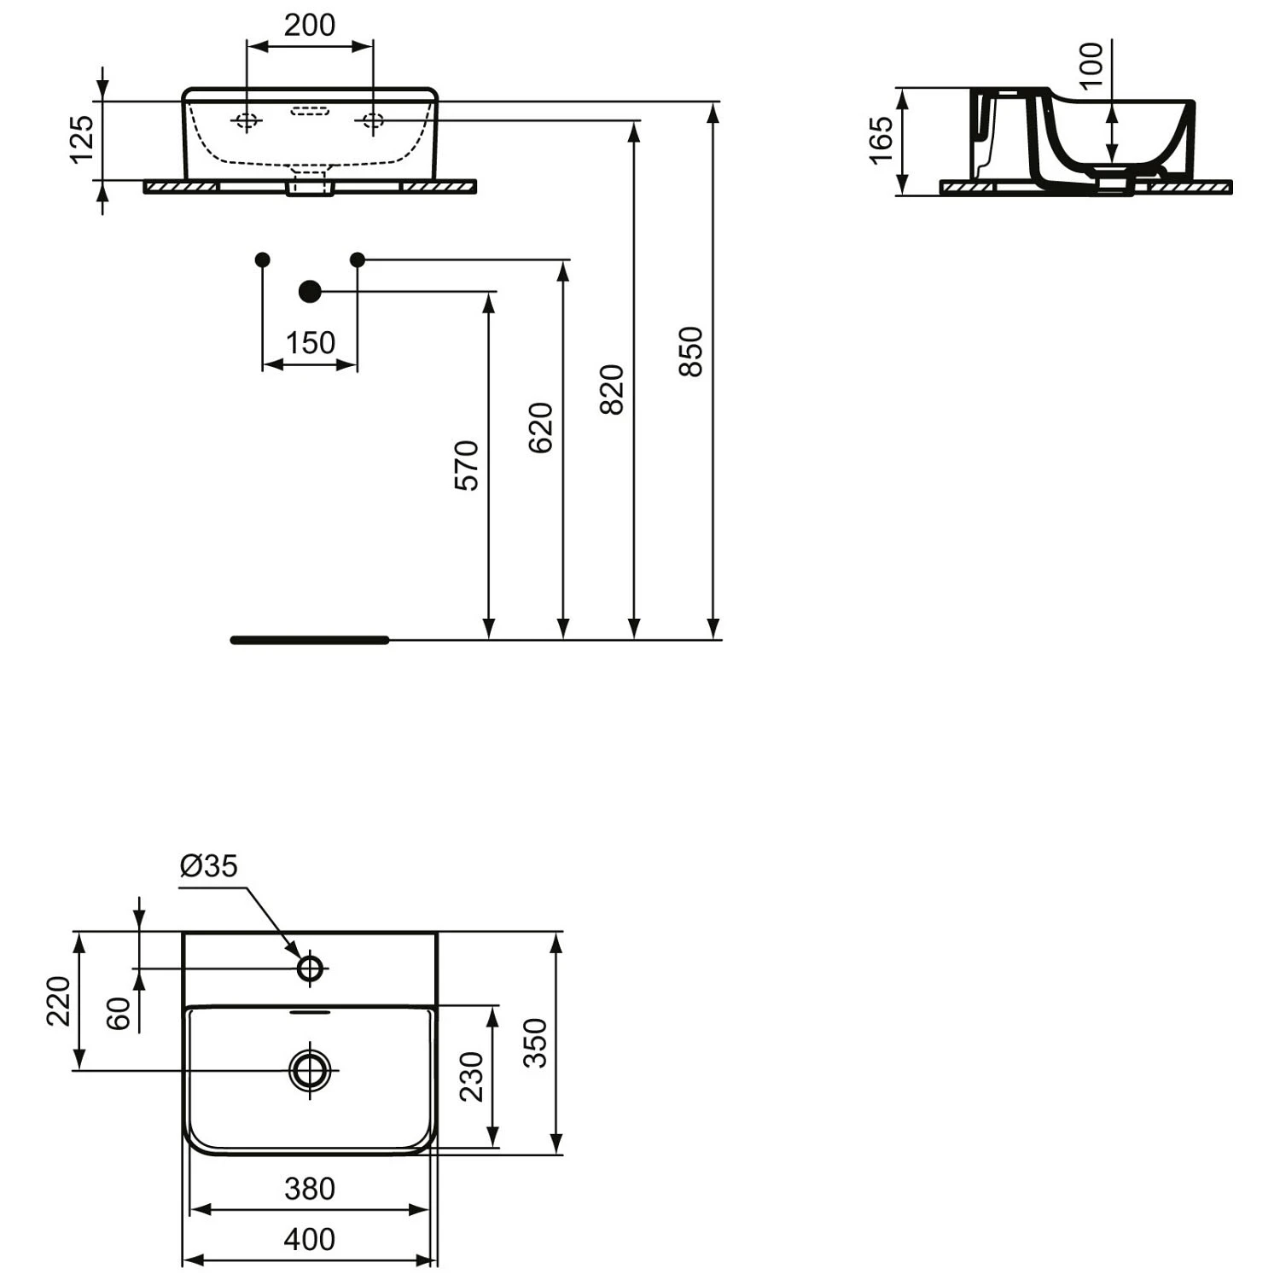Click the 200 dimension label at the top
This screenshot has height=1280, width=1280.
pyautogui.click(x=309, y=26)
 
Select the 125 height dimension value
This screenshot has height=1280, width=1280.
pyautogui.click(x=82, y=139)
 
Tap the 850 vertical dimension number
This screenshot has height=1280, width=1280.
pyautogui.click(x=690, y=351)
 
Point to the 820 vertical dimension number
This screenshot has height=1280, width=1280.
pyautogui.click(x=612, y=389)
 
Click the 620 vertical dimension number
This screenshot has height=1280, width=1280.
pyautogui.click(x=541, y=428)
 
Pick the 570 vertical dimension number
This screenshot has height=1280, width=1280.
pyautogui.click(x=467, y=465)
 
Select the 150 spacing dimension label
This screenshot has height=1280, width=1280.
pyautogui.click(x=310, y=343)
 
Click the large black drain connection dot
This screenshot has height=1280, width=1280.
pyautogui.click(x=310, y=292)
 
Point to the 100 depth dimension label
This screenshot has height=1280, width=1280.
pyautogui.click(x=1091, y=65)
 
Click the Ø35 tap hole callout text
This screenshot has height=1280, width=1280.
pyautogui.click(x=209, y=866)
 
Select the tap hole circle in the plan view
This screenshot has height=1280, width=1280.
pyautogui.click(x=310, y=969)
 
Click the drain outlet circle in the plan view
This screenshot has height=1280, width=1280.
pyautogui.click(x=310, y=1069)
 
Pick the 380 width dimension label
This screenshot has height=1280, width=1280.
pyautogui.click(x=309, y=1188)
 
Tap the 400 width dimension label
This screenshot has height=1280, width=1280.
pyautogui.click(x=309, y=1239)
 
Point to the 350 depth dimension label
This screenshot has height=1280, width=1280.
pyautogui.click(x=535, y=1043)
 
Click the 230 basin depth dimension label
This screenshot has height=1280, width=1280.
pyautogui.click(x=472, y=1077)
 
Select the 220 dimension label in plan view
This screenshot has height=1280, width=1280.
pyautogui.click(x=58, y=1001)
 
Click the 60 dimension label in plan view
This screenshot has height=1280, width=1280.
pyautogui.click(x=119, y=1013)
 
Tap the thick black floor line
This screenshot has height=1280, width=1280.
pyautogui.click(x=310, y=640)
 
